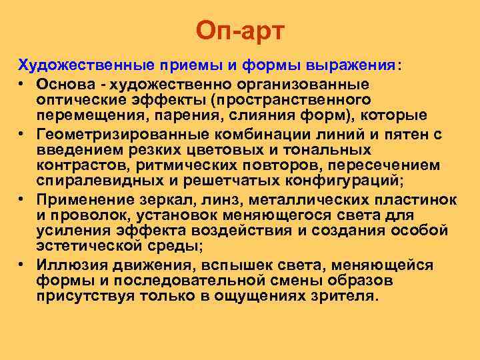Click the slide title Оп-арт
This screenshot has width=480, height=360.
(x=240, y=30)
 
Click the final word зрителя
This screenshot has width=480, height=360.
(x=343, y=295)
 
